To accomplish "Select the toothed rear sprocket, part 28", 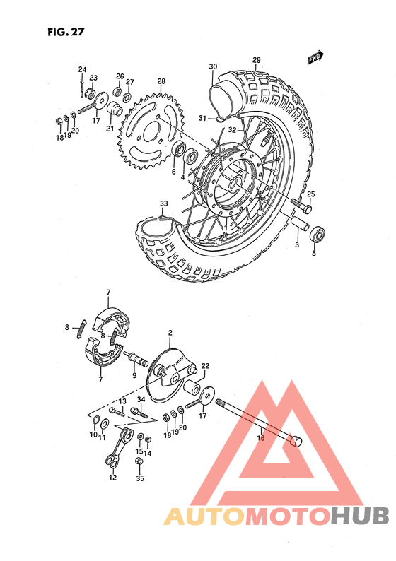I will [153, 130].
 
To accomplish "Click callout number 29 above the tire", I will [256, 60].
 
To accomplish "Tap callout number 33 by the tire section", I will [164, 204].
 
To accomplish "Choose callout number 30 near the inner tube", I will [213, 67].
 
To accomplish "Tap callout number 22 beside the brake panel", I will [206, 365].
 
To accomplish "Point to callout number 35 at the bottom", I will [139, 478].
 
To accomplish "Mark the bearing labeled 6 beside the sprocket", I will [180, 150].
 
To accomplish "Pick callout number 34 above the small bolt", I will [141, 399].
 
